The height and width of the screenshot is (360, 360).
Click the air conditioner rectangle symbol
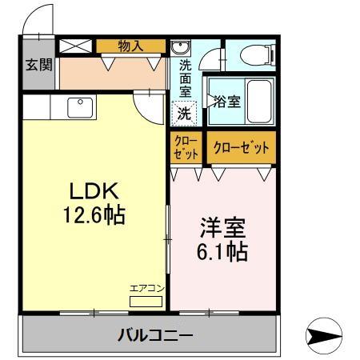click(145, 302)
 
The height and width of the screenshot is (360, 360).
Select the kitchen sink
click(81, 106)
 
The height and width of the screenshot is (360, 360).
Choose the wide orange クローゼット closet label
click(242, 147)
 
